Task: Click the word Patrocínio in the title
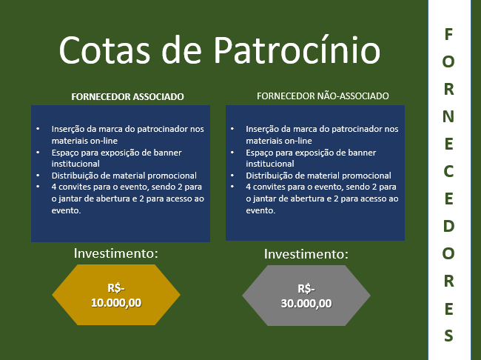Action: (297, 49)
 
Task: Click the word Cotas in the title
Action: (104, 50)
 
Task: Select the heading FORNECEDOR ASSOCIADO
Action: (127, 97)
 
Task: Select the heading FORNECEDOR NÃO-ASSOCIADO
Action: (323, 96)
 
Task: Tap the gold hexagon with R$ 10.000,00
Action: (116, 295)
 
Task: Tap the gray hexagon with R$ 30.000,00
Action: (306, 296)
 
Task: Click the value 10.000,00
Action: (116, 303)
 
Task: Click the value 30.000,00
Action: (306, 304)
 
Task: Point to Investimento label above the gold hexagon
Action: (116, 253)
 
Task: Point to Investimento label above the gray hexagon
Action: (306, 254)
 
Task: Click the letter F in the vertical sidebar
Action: (448, 34)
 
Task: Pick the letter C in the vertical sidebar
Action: (448, 171)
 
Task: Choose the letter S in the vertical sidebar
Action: (448, 336)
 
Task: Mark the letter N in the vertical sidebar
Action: (448, 116)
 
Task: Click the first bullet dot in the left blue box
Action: (38, 129)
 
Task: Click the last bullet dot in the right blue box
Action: (232, 187)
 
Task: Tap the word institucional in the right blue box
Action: (270, 164)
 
